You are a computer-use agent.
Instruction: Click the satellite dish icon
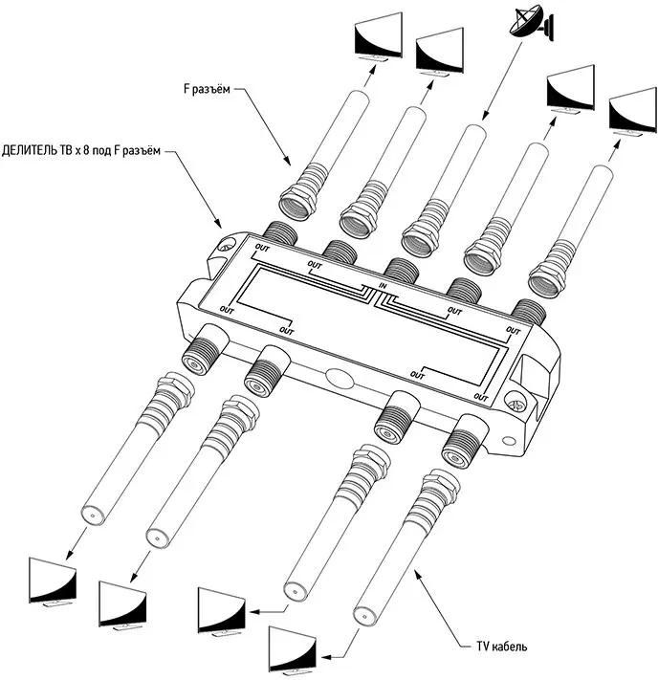pos(528,25)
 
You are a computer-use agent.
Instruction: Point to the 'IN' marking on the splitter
pos(382,288)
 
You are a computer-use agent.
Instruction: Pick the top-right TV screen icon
pos(633,114)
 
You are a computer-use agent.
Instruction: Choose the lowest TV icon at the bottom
pos(292,651)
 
